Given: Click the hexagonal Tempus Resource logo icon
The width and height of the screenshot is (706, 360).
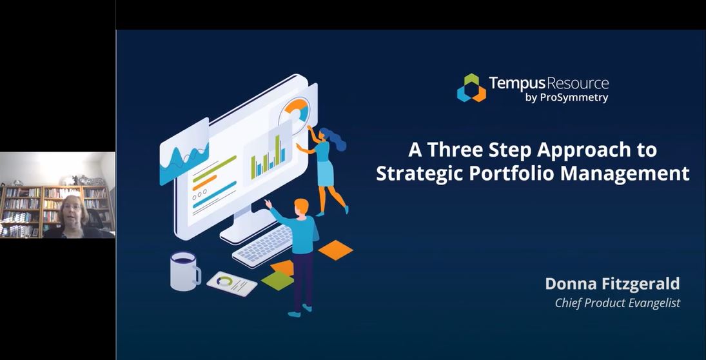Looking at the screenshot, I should pyautogui.click(x=471, y=88).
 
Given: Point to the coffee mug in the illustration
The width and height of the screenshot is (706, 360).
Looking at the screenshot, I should pyautogui.click(x=184, y=270).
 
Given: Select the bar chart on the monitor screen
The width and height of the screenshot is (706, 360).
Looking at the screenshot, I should pyautogui.click(x=268, y=159).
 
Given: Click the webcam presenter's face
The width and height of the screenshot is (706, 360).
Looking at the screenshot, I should pyautogui.click(x=71, y=213).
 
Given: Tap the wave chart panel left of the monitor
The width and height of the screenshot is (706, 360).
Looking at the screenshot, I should pyautogui.click(x=183, y=154).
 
